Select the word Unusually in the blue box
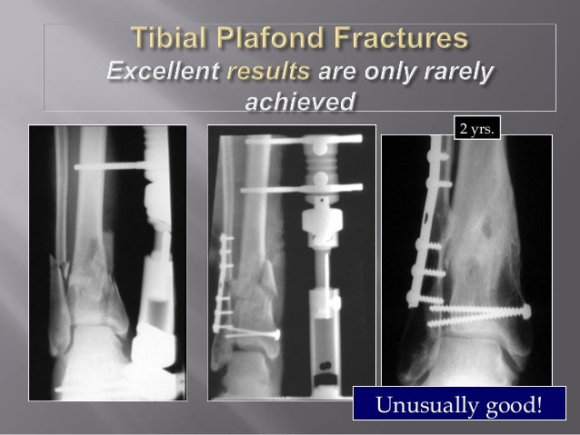point(418,403)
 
